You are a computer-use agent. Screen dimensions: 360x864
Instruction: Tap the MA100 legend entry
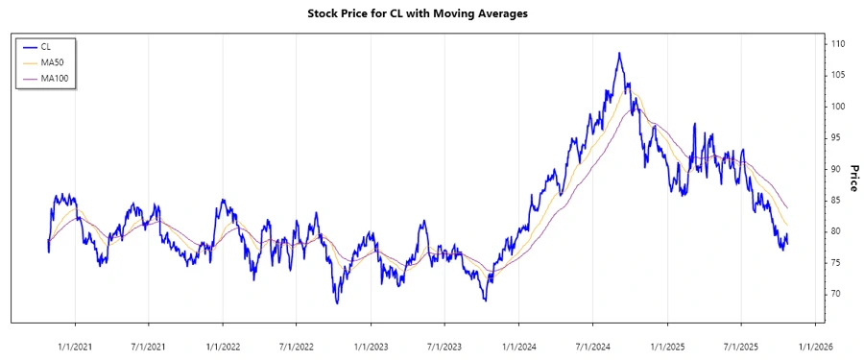click(x=54, y=78)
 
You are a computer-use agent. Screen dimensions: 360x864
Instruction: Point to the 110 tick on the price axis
click(x=838, y=44)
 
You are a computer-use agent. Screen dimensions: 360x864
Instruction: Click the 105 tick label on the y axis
click(x=838, y=75)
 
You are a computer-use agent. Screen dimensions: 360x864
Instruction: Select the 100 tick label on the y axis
click(x=838, y=107)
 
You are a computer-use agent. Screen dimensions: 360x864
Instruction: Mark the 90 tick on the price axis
click(x=836, y=169)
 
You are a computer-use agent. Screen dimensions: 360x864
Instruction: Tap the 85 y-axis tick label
click(x=836, y=200)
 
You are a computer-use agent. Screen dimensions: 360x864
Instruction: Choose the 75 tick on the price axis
click(x=836, y=262)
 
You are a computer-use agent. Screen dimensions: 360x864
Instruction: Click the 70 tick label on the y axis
click(x=836, y=294)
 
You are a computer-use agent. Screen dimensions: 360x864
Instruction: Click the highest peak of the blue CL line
click(x=619, y=53)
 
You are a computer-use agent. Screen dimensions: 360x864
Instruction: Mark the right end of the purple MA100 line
click(x=788, y=207)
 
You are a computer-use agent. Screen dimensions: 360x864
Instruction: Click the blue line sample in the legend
click(x=28, y=45)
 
